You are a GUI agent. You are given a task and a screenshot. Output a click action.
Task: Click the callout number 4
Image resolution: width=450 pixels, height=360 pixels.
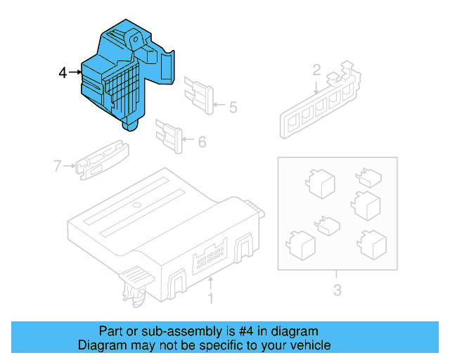tap(63, 72)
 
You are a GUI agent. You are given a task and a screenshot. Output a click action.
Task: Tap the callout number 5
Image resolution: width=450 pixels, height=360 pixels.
tap(233, 108)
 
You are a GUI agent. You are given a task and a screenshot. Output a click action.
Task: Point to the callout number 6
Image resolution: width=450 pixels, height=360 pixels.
tap(202, 142)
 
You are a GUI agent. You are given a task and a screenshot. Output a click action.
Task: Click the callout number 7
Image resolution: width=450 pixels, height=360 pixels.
tap(58, 166)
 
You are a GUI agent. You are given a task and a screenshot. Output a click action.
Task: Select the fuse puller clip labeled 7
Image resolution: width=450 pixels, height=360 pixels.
tap(103, 160)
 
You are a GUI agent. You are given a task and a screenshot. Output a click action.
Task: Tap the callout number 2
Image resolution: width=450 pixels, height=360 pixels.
tap(316, 70)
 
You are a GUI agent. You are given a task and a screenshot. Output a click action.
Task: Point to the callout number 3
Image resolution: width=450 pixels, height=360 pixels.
tap(336, 290)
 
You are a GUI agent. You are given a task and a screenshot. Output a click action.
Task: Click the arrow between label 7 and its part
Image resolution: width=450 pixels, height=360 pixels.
tap(70, 166)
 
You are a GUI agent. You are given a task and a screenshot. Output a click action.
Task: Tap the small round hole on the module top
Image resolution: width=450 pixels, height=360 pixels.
tap(137, 205)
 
